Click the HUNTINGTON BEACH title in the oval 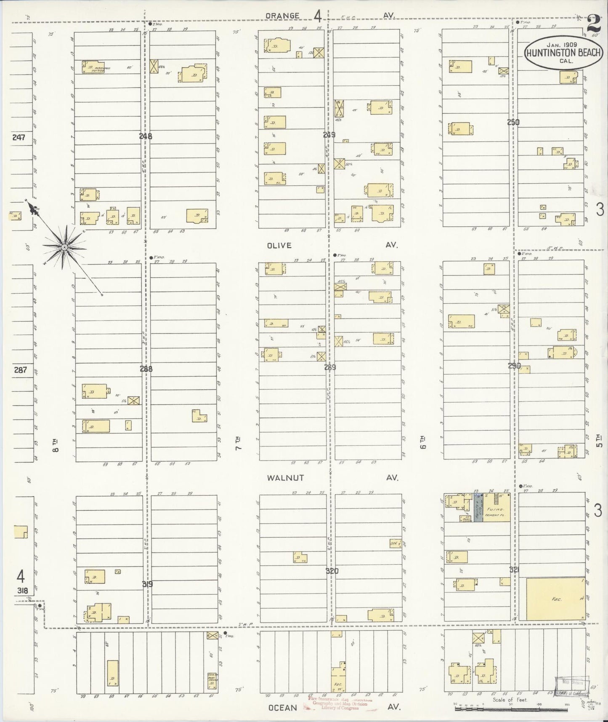[x=563, y=53]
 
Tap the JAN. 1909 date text [x=562, y=44]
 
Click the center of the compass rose [x=64, y=247]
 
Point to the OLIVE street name [x=279, y=245]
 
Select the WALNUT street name [x=285, y=478]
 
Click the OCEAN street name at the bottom [x=283, y=707]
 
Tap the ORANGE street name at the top [x=282, y=16]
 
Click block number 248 [x=146, y=136]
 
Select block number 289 [x=330, y=367]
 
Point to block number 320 [x=332, y=571]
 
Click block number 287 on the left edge [x=20, y=370]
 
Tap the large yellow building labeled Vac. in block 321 [x=555, y=598]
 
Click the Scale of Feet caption [x=509, y=700]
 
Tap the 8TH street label [x=56, y=445]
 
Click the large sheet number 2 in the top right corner [x=594, y=24]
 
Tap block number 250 [x=513, y=122]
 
